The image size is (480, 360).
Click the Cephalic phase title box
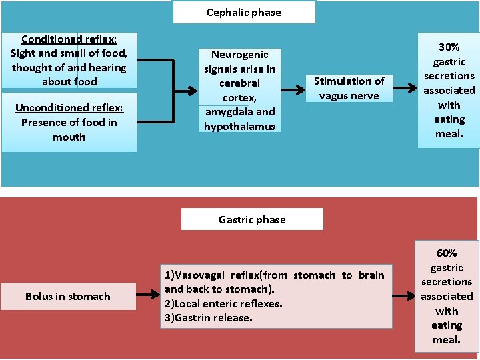tap(244, 12)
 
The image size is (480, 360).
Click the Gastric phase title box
tap(252, 219)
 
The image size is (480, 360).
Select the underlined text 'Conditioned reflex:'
tap(69, 39)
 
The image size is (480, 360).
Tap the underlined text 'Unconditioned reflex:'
tap(69, 107)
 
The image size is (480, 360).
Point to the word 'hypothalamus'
tap(239, 126)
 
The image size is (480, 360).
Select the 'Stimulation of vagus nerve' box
tap(349, 88)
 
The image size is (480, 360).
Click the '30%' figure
tap(449, 47)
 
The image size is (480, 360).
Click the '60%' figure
tap(447, 253)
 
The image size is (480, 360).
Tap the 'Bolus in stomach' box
tap(68, 296)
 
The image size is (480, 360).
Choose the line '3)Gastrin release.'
tap(209, 318)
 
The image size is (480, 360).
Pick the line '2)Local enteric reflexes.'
tap(223, 303)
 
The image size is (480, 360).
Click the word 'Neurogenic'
tap(239, 55)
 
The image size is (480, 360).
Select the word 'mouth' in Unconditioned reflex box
tap(69, 137)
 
